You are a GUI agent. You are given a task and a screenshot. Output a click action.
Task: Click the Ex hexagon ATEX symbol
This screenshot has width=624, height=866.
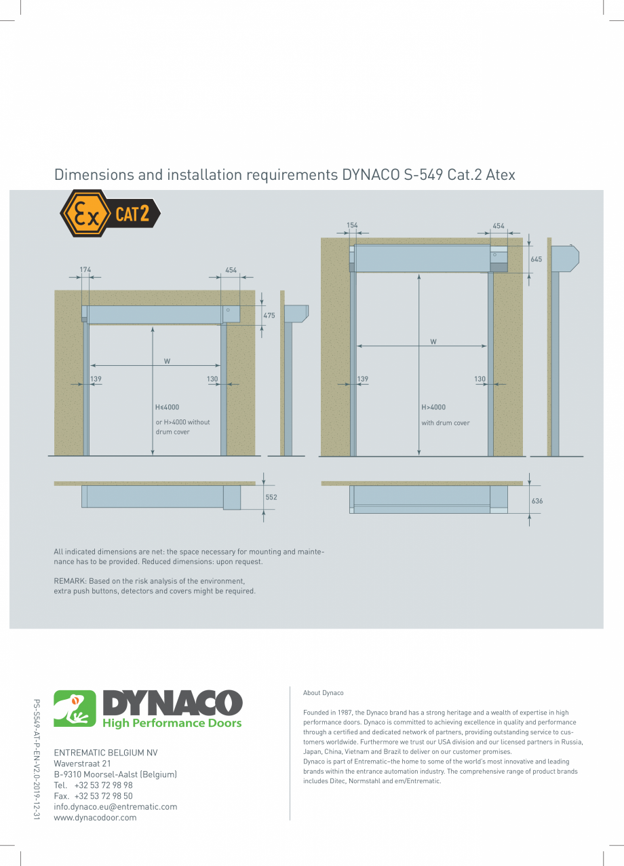click(x=84, y=214)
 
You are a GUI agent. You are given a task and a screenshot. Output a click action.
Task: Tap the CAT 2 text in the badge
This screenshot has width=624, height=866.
click(x=132, y=214)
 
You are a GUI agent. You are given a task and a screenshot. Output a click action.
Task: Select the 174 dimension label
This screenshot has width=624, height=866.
click(x=85, y=270)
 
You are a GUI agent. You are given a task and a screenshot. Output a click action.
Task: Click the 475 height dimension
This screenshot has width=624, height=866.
click(x=269, y=316)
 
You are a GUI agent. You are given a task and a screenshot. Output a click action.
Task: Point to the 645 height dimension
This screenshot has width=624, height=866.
click(x=536, y=260)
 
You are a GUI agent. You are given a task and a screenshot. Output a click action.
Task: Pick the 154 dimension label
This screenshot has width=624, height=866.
click(x=352, y=225)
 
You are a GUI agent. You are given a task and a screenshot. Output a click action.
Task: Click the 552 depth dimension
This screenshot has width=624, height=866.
click(x=271, y=497)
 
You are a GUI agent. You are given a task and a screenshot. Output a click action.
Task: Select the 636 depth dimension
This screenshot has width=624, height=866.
click(x=537, y=501)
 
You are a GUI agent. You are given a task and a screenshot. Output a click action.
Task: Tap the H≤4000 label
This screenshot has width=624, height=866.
click(x=167, y=407)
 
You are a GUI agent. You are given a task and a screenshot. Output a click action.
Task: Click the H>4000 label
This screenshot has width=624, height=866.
click(x=433, y=407)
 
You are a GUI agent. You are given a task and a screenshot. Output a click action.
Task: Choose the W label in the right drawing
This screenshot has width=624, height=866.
click(x=433, y=342)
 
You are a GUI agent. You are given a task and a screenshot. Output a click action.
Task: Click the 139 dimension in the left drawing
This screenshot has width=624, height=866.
click(x=96, y=379)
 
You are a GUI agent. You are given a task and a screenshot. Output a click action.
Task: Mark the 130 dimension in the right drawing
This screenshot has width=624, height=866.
click(x=480, y=379)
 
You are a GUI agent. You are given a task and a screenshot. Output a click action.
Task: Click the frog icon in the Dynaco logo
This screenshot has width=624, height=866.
click(x=75, y=709)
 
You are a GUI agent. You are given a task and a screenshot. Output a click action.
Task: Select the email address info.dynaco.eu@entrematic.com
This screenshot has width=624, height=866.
click(x=115, y=807)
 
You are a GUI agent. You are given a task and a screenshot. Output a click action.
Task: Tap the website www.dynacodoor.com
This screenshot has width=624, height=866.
click(x=95, y=818)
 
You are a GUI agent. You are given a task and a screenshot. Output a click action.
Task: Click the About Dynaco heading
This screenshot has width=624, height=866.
click(x=324, y=693)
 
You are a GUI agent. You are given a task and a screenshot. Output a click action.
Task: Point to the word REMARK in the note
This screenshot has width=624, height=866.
click(x=69, y=581)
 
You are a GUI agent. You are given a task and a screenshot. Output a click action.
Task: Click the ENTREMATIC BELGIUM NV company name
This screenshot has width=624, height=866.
click(x=105, y=753)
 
